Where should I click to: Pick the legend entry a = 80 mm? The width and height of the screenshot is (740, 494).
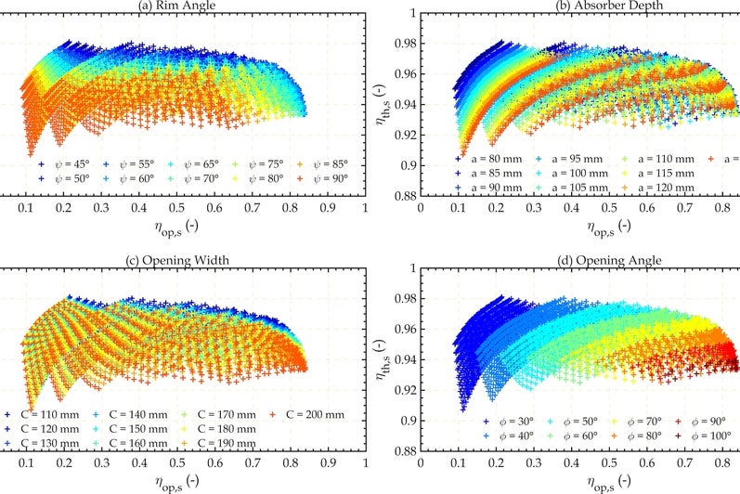pos(492,159)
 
